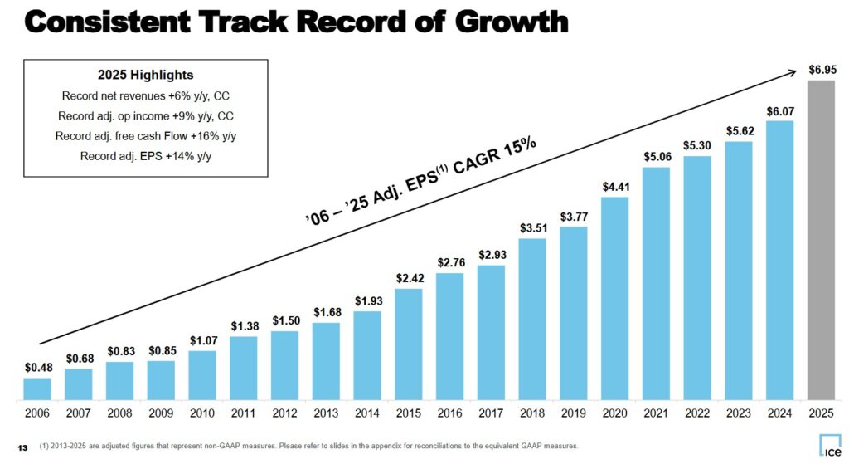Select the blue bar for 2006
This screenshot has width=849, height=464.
pyautogui.click(x=37, y=388)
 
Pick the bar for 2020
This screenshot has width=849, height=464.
pyautogui.click(x=614, y=298)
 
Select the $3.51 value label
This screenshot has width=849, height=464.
pyautogui.click(x=532, y=227)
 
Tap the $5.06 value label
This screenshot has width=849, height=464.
pyautogui.click(x=656, y=155)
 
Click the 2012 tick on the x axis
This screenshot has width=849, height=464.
pyautogui.click(x=284, y=413)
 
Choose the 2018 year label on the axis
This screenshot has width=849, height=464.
pyautogui.click(x=532, y=413)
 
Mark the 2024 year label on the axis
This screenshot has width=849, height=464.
pyautogui.click(x=779, y=413)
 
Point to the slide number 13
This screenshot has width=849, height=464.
pyautogui.click(x=22, y=447)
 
